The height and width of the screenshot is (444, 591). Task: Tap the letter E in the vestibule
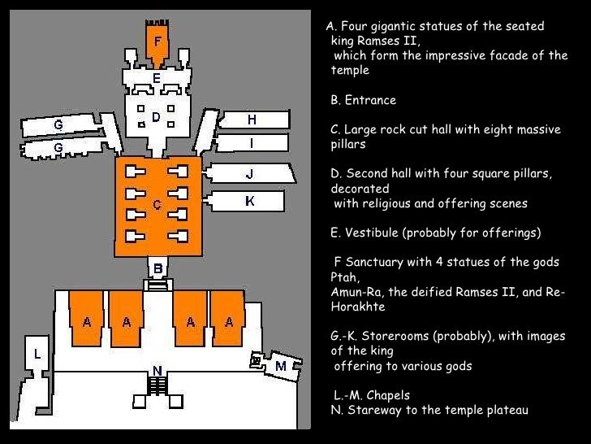click(x=157, y=79)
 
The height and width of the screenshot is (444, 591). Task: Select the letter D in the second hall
click(x=156, y=117)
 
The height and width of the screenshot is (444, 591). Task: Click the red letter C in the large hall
click(x=157, y=205)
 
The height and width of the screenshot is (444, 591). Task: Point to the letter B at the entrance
click(x=158, y=268)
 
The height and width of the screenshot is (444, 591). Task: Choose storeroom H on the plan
click(x=252, y=120)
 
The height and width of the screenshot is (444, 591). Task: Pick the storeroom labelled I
click(x=252, y=143)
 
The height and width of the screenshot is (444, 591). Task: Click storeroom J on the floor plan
click(x=249, y=174)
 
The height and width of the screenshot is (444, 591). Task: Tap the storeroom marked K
click(x=249, y=200)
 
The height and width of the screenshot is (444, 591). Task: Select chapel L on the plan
click(x=37, y=354)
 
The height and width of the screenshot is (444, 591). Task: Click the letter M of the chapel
click(x=281, y=366)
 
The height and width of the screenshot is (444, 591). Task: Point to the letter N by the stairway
click(x=157, y=371)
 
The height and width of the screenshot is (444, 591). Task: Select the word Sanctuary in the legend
click(x=377, y=262)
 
